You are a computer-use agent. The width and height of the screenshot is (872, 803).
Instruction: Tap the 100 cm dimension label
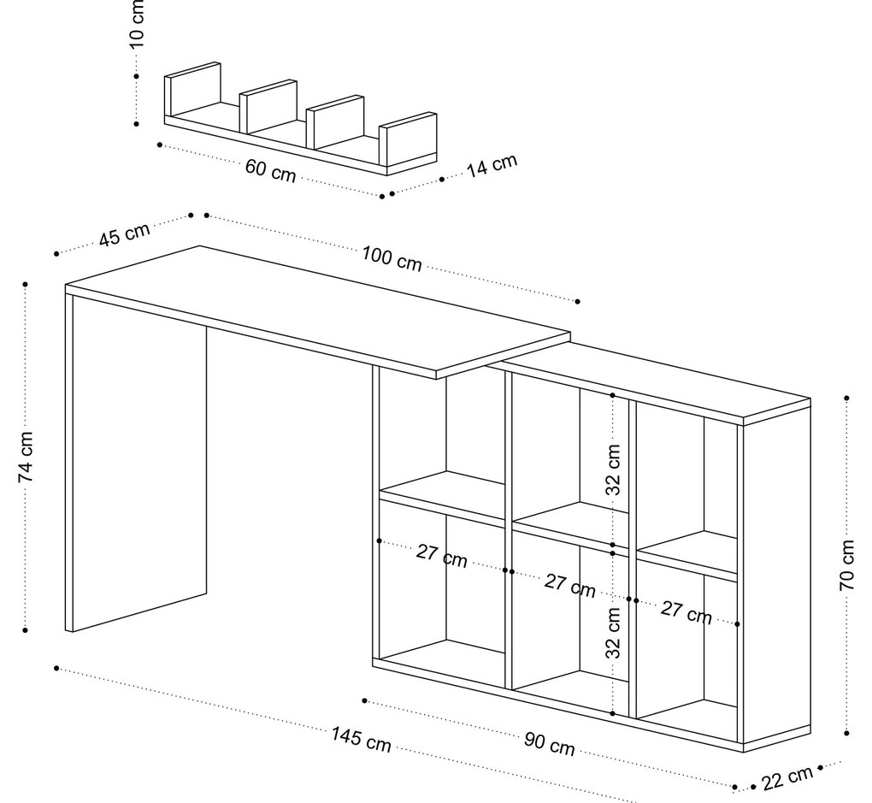click(392, 258)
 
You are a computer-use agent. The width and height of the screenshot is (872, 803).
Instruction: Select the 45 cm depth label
click(124, 234)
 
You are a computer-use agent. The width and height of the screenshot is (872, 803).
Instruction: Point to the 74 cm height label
click(27, 458)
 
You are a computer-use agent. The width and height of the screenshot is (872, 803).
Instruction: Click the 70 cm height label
click(846, 565)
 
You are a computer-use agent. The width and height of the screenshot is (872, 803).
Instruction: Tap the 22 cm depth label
click(787, 778)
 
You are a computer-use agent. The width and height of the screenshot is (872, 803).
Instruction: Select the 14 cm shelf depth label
click(492, 165)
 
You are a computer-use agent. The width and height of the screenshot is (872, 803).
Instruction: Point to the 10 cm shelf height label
click(137, 24)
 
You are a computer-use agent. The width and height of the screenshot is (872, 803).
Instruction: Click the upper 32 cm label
click(613, 469)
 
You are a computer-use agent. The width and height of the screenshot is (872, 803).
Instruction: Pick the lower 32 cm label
click(613, 632)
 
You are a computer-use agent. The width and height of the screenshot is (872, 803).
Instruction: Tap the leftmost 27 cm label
click(442, 556)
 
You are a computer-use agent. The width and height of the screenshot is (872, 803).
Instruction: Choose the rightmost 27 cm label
click(686, 612)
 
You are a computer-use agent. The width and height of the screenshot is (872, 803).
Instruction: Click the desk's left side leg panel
click(137, 462)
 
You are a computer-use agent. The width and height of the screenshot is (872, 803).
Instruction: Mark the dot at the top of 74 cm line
click(26, 283)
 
